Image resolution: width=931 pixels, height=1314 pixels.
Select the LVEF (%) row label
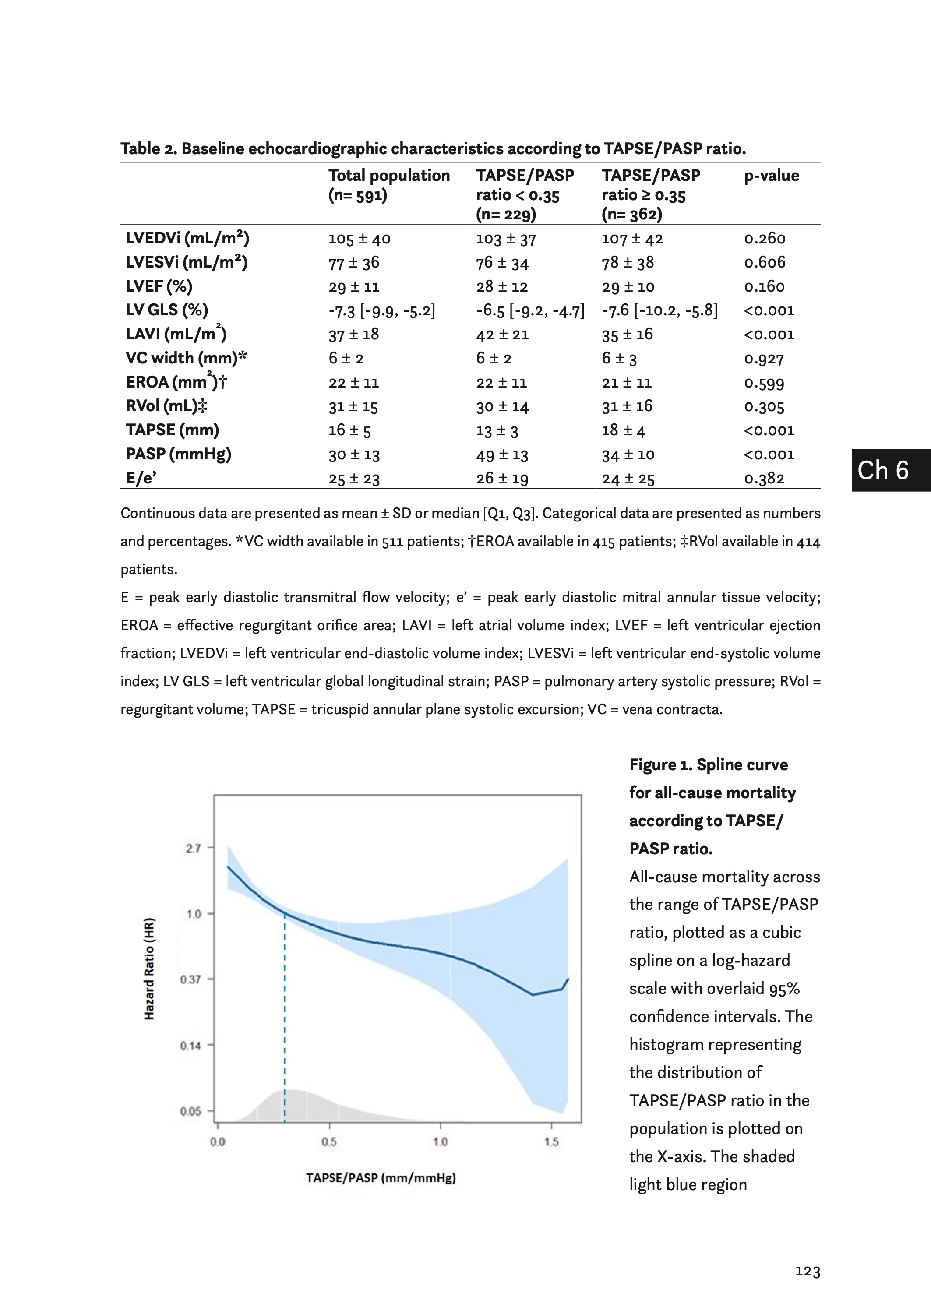tap(159, 286)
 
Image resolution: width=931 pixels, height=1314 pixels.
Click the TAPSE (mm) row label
tap(172, 430)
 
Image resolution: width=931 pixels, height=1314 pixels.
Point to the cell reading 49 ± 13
tap(501, 455)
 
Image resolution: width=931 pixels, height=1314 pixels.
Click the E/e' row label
tap(141, 478)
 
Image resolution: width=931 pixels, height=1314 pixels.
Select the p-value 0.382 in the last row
tap(764, 479)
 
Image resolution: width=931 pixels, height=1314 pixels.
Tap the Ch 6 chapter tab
tap(883, 470)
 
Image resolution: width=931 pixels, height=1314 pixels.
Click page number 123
tap(807, 1272)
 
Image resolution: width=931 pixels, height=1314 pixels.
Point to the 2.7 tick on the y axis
tap(193, 848)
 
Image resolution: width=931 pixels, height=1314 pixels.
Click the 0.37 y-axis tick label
tap(190, 979)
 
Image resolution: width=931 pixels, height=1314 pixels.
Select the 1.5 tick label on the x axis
tap(551, 1141)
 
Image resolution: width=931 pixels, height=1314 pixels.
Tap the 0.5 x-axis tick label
tap(329, 1141)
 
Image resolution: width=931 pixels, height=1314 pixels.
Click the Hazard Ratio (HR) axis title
tap(149, 969)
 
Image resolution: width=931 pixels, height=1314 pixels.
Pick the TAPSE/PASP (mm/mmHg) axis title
tap(381, 1178)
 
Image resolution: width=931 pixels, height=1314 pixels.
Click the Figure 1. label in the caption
tap(660, 764)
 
